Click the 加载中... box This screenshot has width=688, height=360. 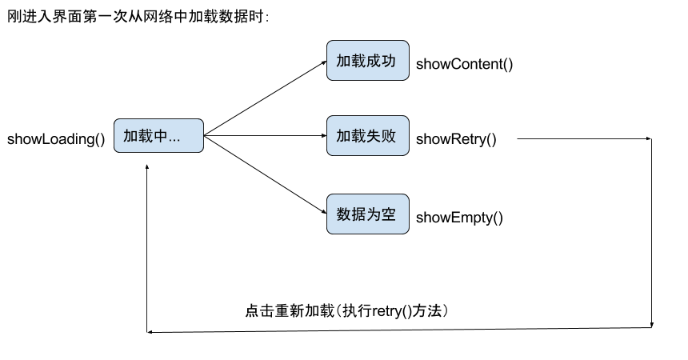tap(158, 135)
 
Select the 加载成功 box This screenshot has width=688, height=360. tap(367, 61)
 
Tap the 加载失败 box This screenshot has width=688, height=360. tap(367, 136)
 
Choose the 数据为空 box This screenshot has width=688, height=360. tap(367, 214)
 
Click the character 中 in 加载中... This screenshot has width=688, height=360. tap(161, 136)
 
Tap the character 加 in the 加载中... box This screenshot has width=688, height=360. tap(130, 136)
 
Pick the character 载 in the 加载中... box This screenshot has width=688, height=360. tap(146, 136)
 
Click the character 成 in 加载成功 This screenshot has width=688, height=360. tap(374, 61)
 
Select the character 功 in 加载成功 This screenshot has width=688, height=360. tap(389, 61)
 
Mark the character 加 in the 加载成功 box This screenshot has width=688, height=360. tap(343, 61)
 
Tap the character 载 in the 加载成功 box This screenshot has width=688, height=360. tap(358, 61)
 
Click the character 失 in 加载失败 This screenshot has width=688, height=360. tap(374, 136)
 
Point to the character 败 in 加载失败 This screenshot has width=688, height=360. tap(389, 136)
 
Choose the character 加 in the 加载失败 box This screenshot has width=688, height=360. tap(343, 136)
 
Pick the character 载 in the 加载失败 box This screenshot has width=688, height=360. tap(358, 136)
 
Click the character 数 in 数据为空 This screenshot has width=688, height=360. tap(343, 214)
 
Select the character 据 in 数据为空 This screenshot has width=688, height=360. tap(358, 214)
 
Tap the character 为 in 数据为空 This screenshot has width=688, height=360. tap(374, 214)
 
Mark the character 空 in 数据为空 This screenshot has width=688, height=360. tap(389, 214)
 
